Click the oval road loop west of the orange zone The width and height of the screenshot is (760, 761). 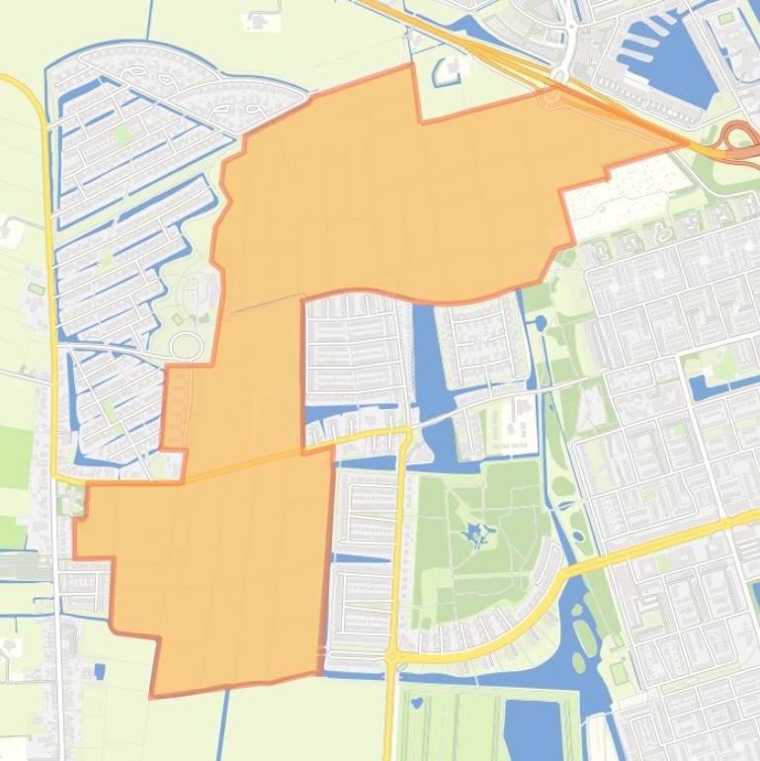[185, 346]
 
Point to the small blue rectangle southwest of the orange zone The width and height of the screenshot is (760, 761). [100, 672]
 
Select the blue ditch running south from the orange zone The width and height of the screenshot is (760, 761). [225, 721]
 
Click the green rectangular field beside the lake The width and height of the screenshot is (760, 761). [619, 672]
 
